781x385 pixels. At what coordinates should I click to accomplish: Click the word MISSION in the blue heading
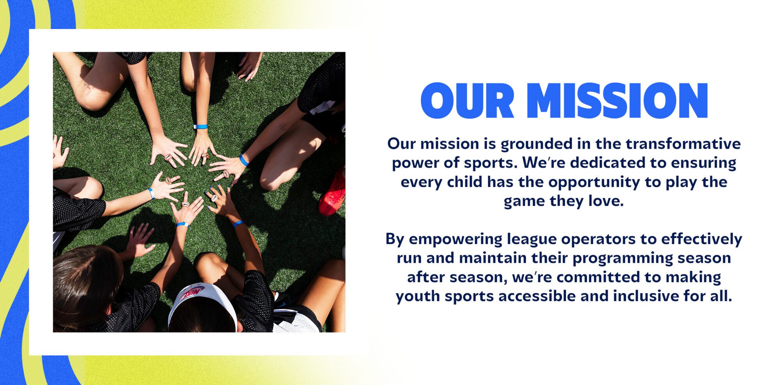[617, 100]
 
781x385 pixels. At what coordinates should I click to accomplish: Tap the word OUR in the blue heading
[467, 100]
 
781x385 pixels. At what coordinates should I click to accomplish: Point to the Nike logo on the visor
[193, 292]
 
